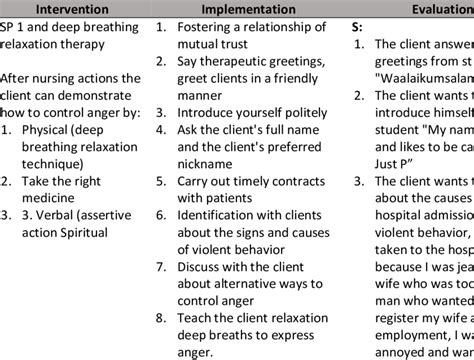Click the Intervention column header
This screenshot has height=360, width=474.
click(73, 9)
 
